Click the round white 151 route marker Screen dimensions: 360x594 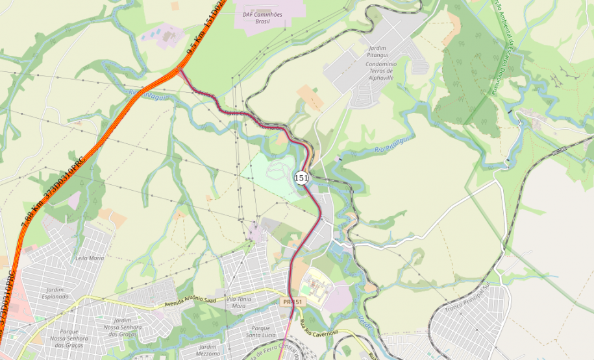[301, 177]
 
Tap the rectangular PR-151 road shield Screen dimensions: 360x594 [293, 302]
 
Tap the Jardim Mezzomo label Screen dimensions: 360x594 [208, 351]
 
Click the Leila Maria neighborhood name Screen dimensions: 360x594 [90, 258]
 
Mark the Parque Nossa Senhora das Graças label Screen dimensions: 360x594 [68, 339]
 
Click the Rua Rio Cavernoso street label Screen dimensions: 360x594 [319, 328]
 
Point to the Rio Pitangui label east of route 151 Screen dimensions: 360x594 [391, 145]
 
